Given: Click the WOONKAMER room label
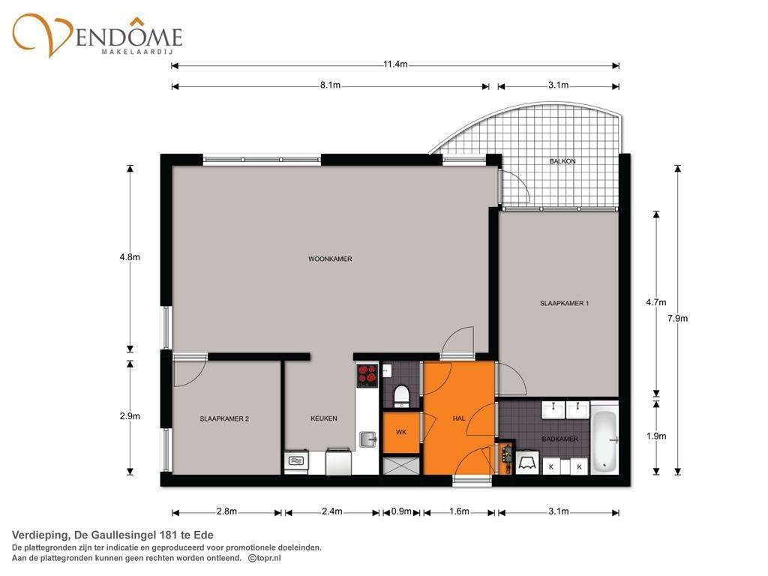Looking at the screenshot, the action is pyautogui.click(x=330, y=259).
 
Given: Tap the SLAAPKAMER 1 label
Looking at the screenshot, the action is pyautogui.click(x=564, y=303).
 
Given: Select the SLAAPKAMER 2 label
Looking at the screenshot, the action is pyautogui.click(x=224, y=418).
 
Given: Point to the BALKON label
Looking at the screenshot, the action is pyautogui.click(x=562, y=161).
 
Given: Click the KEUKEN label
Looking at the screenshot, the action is pyautogui.click(x=324, y=418).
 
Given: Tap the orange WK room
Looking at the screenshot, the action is pyautogui.click(x=401, y=433).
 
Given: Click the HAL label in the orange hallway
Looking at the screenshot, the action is pyautogui.click(x=459, y=418).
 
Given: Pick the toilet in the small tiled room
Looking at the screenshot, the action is pyautogui.click(x=401, y=397).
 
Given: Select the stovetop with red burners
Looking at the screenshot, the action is pyautogui.click(x=367, y=376).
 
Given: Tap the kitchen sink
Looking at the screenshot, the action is pyautogui.click(x=367, y=439).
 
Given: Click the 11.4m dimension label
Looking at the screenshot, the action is pyautogui.click(x=395, y=64).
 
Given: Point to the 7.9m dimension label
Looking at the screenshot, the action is pyautogui.click(x=677, y=318).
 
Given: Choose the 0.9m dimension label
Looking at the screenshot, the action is pyautogui.click(x=401, y=511).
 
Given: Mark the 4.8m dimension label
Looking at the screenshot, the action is pyautogui.click(x=130, y=256).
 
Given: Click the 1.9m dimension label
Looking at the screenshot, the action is pyautogui.click(x=655, y=436).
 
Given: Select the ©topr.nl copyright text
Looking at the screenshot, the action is pyautogui.click(x=265, y=558).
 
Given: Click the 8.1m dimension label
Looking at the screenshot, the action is pyautogui.click(x=330, y=85).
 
